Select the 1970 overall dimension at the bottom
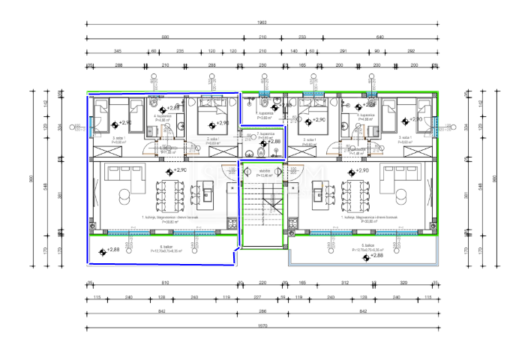click(x=262, y=326)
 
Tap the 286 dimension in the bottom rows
click(x=262, y=310)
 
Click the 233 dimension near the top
click(x=302, y=37)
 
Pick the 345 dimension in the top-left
click(x=118, y=52)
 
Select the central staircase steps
click(x=262, y=214)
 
